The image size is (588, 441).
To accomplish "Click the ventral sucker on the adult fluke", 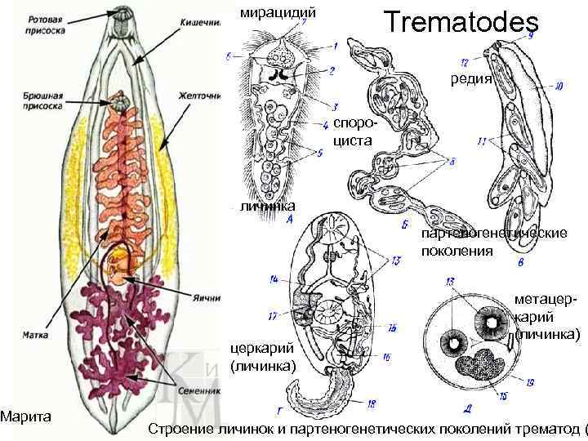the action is tap(121, 103).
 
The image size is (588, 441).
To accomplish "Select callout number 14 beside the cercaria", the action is tap(274, 280).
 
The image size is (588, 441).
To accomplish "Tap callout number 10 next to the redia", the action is tap(558, 84).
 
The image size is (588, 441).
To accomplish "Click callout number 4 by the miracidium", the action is tap(325, 124).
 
